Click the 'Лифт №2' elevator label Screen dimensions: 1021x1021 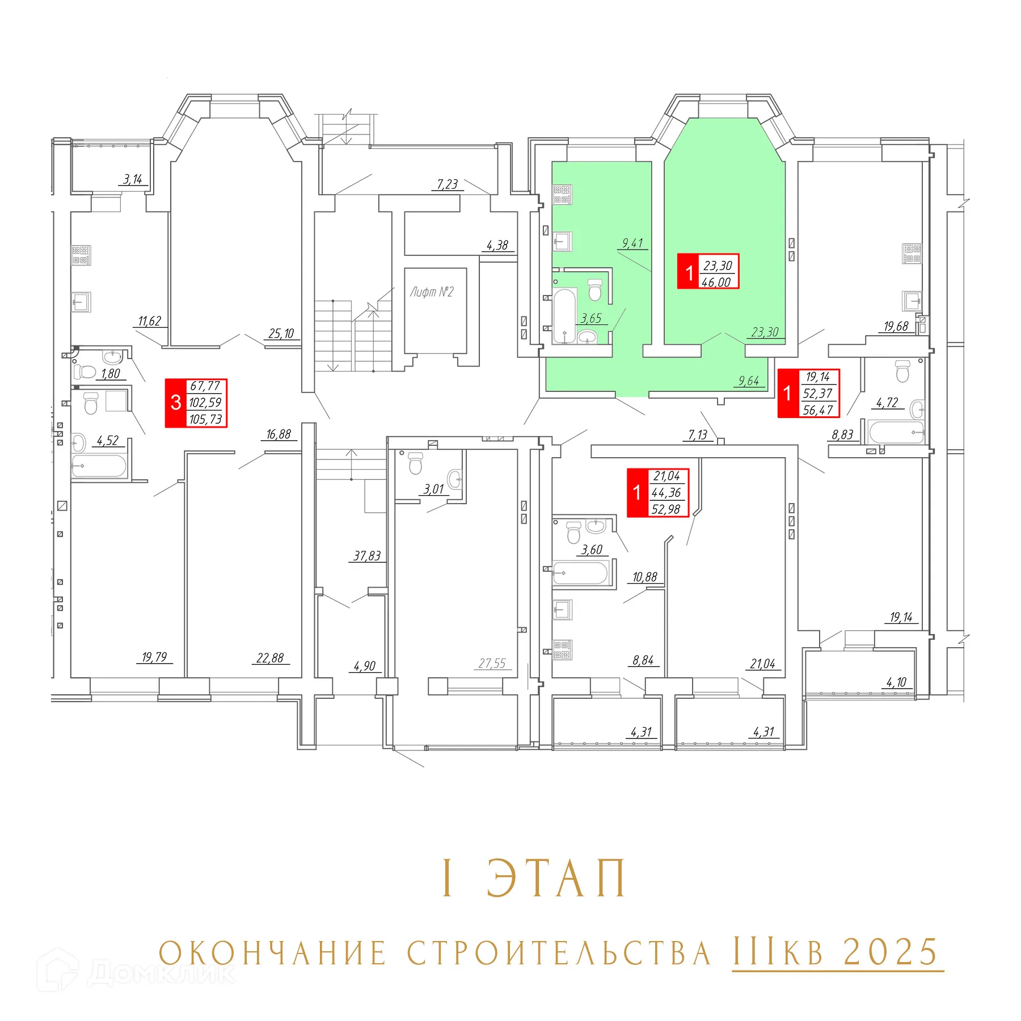click(x=432, y=292)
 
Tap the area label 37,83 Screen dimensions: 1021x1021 click(x=367, y=556)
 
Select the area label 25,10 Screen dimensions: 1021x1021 click(x=281, y=334)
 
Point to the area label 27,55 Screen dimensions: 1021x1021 click(x=492, y=663)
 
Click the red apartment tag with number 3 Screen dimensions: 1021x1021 click(x=176, y=403)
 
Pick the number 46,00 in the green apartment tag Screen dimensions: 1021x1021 click(x=716, y=282)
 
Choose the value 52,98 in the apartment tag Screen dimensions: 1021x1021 click(x=666, y=509)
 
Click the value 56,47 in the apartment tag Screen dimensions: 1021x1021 click(x=818, y=410)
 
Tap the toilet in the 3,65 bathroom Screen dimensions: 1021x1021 click(x=594, y=289)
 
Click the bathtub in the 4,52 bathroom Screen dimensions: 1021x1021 click(x=99, y=467)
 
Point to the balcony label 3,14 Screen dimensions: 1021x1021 click(x=133, y=179)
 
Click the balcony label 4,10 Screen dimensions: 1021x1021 click(x=896, y=682)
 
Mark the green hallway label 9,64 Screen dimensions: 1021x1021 click(x=749, y=381)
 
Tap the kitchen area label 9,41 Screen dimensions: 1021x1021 click(x=632, y=243)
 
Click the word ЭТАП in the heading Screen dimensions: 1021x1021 click(x=556, y=878)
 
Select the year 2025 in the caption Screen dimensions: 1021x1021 click(x=891, y=952)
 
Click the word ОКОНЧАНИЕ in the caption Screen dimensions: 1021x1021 click(x=273, y=953)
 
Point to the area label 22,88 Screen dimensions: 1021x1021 click(x=270, y=658)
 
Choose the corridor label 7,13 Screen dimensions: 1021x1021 click(x=698, y=434)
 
